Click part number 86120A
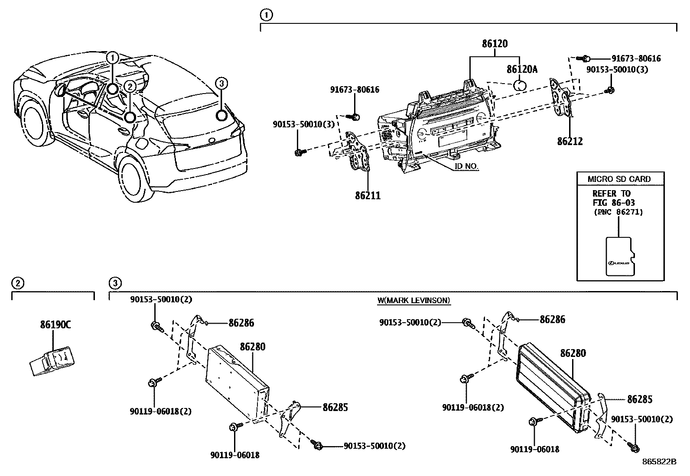pos(522,69)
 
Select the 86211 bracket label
pos(368,195)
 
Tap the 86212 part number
pos(570,141)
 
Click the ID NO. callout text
pos(466,166)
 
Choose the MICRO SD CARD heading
pos(619,179)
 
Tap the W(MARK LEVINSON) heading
pos(414,300)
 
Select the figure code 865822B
pos(659,462)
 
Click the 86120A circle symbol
pos(520,84)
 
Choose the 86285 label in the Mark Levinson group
pos(640,399)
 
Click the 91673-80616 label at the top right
pos(636,58)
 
